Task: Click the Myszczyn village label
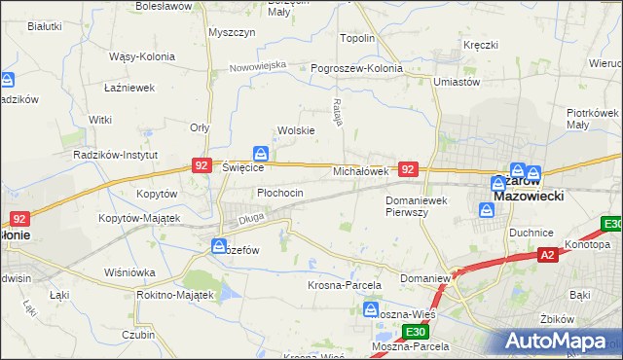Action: point(232,32)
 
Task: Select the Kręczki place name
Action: point(481,45)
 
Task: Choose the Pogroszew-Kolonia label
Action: point(356,69)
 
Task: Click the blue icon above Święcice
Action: point(261,154)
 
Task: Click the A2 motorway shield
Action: point(547,255)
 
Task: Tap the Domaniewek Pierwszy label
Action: point(416,205)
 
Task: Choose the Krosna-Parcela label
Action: point(344,285)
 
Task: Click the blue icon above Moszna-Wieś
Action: point(371,309)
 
